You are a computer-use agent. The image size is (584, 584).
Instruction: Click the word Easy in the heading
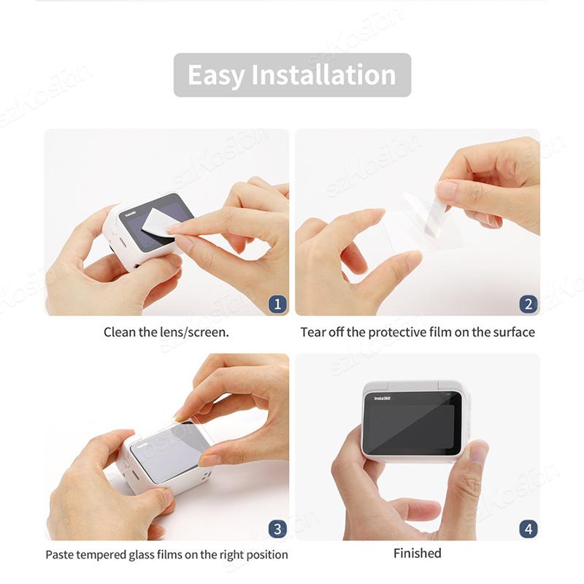point(215,76)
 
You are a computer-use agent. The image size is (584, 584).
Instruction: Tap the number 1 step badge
point(277,304)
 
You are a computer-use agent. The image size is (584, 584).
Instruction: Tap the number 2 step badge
point(528,304)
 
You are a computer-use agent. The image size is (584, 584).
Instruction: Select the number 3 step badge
point(277,529)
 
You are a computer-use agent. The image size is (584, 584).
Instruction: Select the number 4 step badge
point(528,529)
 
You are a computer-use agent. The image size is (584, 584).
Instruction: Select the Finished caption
point(417,553)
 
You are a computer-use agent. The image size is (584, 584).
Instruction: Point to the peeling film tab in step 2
point(436,216)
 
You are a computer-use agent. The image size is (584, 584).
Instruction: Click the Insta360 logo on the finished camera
point(383,398)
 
